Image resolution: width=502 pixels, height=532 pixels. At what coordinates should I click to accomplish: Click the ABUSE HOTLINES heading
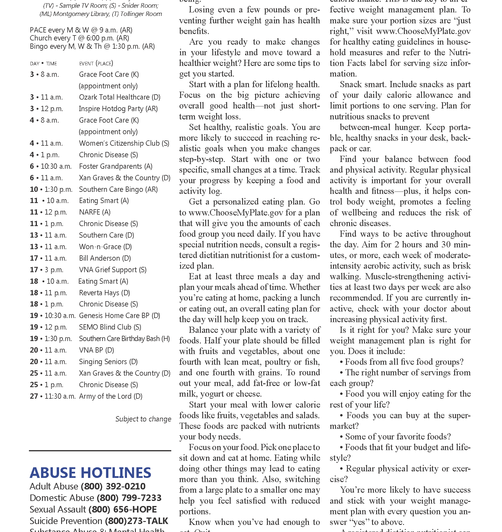(90, 473)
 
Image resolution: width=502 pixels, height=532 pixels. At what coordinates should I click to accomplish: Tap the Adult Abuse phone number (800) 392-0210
(113, 486)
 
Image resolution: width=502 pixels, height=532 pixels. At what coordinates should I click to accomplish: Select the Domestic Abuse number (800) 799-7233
(129, 498)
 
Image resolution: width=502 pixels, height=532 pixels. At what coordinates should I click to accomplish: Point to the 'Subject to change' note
(143, 419)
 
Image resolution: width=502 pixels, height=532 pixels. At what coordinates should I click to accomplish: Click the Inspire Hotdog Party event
(118, 109)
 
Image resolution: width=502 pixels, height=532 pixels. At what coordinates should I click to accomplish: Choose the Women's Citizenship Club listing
(124, 143)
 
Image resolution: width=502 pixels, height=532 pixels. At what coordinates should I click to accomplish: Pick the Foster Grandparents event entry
(115, 166)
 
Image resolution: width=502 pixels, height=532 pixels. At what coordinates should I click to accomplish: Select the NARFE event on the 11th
(94, 212)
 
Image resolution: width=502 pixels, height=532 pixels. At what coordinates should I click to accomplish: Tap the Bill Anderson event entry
(105, 258)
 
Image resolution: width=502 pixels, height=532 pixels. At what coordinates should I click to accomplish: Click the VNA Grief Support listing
(113, 270)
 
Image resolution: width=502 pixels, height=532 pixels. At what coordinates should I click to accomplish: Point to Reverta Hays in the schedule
(104, 293)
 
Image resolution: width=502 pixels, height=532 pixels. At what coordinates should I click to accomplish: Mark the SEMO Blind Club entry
(110, 327)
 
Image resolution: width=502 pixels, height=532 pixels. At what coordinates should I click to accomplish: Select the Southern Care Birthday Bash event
(124, 339)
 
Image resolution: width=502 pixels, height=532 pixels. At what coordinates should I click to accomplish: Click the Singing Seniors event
(108, 362)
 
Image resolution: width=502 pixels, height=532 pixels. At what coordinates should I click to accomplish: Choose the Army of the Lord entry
(110, 396)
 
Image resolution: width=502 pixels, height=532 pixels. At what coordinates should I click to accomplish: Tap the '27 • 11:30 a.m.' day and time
(53, 396)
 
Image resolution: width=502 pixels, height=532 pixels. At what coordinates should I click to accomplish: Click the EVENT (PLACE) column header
(96, 64)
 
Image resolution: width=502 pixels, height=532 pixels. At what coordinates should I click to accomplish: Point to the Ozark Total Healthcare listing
(120, 97)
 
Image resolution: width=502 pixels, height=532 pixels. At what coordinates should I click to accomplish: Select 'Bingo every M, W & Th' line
(92, 46)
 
